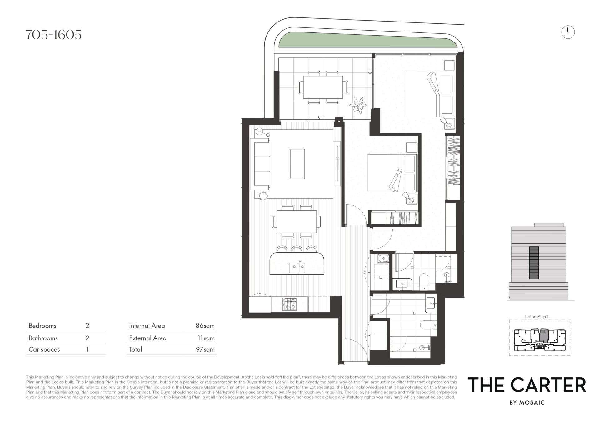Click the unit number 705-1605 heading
pos(53,35)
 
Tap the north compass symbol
pos(568,32)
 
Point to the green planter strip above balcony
pos(368,40)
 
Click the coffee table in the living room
pos(297,164)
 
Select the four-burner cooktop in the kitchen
pos(290,304)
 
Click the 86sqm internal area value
pos(205,326)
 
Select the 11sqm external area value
pos(206,338)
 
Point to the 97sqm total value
pos(205,350)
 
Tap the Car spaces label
pos(44,350)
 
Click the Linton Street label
pos(537,317)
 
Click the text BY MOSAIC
pos(527,403)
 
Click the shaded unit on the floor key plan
pos(544,335)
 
